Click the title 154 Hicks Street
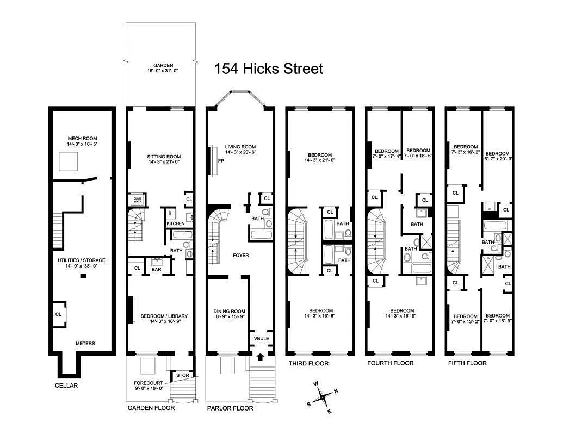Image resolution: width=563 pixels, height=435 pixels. click(x=268, y=69)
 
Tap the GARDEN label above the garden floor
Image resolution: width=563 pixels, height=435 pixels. click(x=163, y=65)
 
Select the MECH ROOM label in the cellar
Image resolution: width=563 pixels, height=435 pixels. click(x=82, y=138)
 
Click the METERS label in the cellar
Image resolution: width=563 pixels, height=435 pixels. click(x=85, y=343)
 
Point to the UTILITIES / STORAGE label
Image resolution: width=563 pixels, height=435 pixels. click(x=82, y=260)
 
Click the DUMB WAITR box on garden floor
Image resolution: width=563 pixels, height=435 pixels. click(x=138, y=200)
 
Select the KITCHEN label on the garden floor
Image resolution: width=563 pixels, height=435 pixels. click(x=175, y=223)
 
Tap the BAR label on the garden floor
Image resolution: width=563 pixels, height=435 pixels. click(x=156, y=269)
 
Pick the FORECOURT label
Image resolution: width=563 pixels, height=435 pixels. click(x=147, y=383)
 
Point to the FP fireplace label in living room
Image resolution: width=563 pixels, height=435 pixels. click(x=221, y=161)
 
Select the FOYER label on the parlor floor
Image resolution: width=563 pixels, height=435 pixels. click(x=240, y=254)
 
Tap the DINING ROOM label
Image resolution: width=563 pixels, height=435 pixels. click(x=229, y=312)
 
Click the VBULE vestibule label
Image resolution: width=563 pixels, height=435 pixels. click(x=261, y=338)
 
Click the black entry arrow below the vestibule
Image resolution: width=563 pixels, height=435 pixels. click(x=261, y=356)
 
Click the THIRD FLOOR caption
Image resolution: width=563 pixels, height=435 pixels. click(x=308, y=363)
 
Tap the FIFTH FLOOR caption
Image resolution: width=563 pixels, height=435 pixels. click(x=467, y=363)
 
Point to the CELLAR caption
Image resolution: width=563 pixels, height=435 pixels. click(x=66, y=386)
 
